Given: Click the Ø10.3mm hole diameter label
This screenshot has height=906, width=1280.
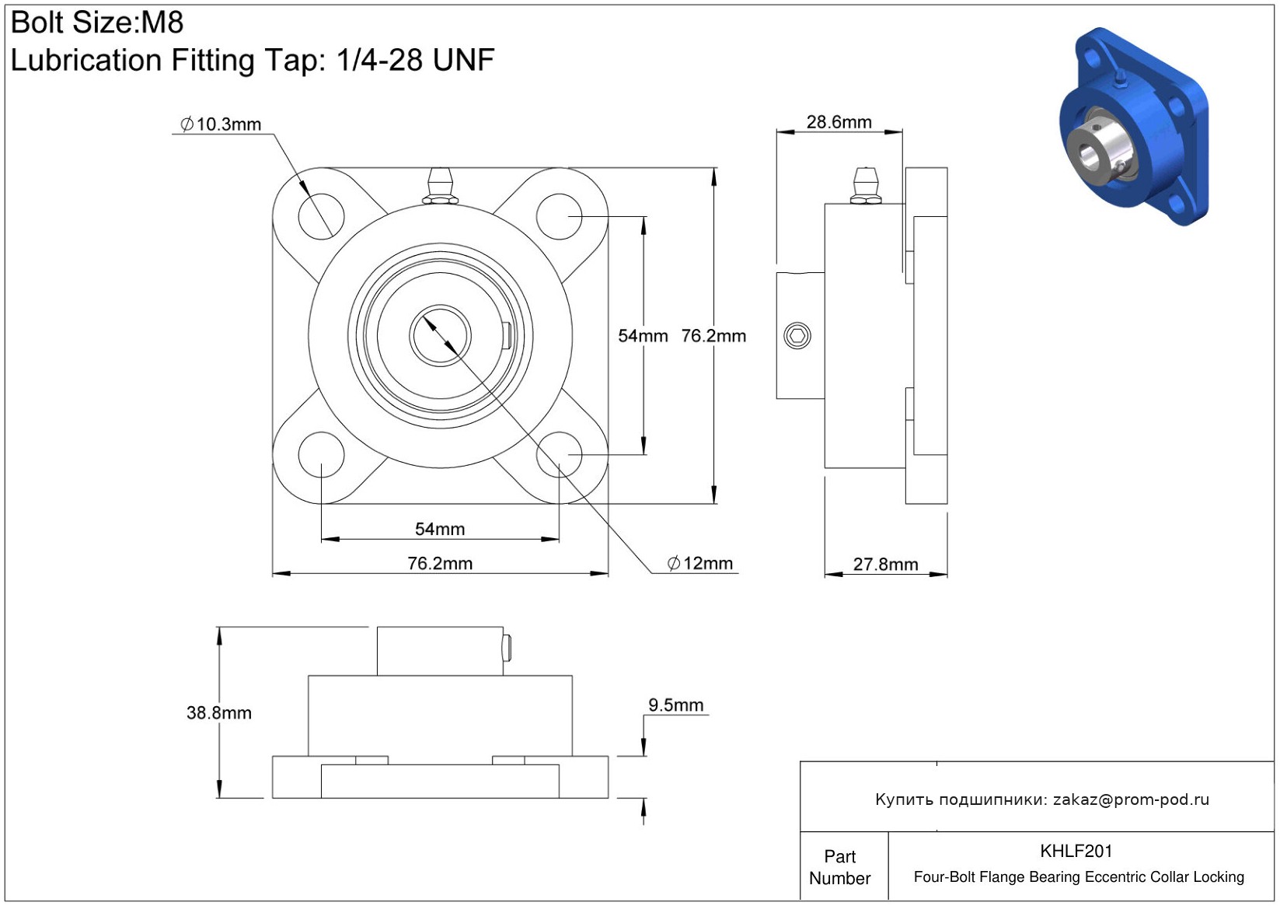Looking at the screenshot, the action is pyautogui.click(x=221, y=124).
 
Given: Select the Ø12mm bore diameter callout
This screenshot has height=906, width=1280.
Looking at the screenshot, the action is pyautogui.click(x=700, y=563).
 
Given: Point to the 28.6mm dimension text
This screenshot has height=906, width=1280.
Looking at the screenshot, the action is pyautogui.click(x=839, y=122).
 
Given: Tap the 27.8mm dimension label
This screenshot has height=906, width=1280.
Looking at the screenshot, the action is pyautogui.click(x=886, y=564).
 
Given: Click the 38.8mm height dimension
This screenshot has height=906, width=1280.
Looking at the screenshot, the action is pyautogui.click(x=219, y=712).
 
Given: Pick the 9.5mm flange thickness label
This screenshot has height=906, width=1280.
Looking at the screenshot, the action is pyautogui.click(x=675, y=705).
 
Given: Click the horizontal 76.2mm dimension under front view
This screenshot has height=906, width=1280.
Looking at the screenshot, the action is pyautogui.click(x=440, y=563).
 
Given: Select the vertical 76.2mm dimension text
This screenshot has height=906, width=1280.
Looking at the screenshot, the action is pyautogui.click(x=713, y=336).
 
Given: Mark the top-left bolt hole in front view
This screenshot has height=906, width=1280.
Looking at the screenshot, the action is pyautogui.click(x=321, y=216).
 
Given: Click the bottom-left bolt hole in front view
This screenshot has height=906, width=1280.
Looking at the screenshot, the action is pyautogui.click(x=321, y=455).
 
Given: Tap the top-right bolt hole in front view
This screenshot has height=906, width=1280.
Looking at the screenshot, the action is pyautogui.click(x=560, y=216).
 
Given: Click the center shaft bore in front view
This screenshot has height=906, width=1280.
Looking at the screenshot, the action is pyautogui.click(x=440, y=336).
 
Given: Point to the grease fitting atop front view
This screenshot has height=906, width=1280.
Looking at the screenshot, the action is pyautogui.click(x=440, y=185).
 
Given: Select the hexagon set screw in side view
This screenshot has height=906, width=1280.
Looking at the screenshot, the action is pyautogui.click(x=797, y=336).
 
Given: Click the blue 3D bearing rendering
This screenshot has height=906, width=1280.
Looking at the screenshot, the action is pyautogui.click(x=1134, y=126).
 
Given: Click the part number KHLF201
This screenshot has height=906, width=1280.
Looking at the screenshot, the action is pyautogui.click(x=1076, y=851).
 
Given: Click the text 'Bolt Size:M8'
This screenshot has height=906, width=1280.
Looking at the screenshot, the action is pyautogui.click(x=97, y=23).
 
